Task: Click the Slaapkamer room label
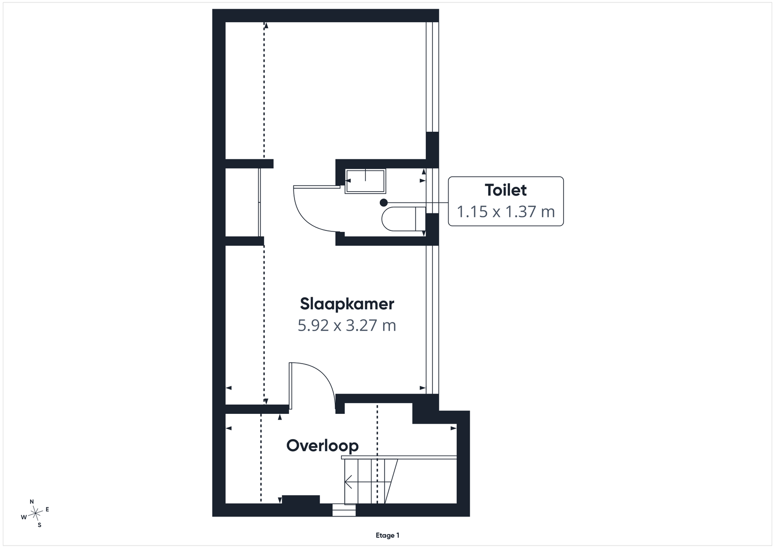(x=347, y=304)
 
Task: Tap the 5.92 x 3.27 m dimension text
(x=347, y=326)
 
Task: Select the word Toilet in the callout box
(x=506, y=190)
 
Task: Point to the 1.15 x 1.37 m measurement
(x=506, y=212)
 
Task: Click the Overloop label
(x=323, y=446)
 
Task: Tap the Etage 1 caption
(x=387, y=535)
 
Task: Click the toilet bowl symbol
(x=403, y=218)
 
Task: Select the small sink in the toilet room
(x=365, y=181)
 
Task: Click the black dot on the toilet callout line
(x=383, y=203)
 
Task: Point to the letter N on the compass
(x=32, y=502)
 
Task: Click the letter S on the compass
(x=39, y=525)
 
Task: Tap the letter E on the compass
(x=47, y=509)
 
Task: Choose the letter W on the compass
(x=24, y=517)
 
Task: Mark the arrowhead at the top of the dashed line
(x=266, y=25)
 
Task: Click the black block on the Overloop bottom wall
(x=301, y=499)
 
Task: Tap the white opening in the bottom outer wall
(x=344, y=510)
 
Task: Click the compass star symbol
(x=36, y=513)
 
